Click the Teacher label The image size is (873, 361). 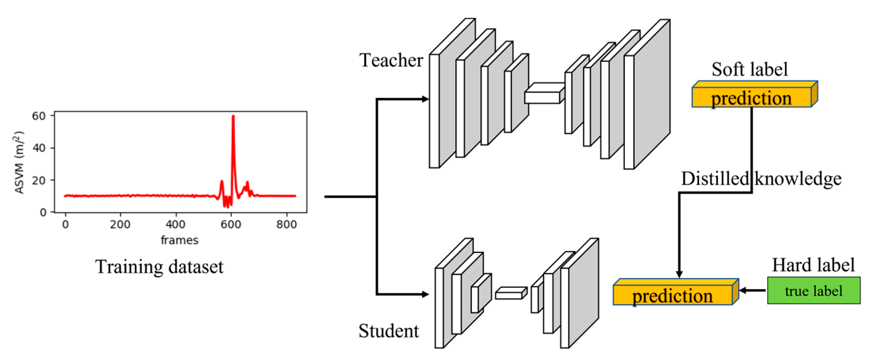click(391, 61)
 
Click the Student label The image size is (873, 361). click(388, 331)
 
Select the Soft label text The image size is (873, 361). click(749, 69)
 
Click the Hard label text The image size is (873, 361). click(813, 265)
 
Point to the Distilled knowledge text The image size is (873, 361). click(761, 179)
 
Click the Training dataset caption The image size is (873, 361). click(159, 266)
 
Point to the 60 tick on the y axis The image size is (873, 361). click(39, 116)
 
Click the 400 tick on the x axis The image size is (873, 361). click(176, 225)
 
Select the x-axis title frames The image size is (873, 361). click(179, 240)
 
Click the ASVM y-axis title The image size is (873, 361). click(19, 163)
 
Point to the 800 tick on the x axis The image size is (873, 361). click(286, 225)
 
